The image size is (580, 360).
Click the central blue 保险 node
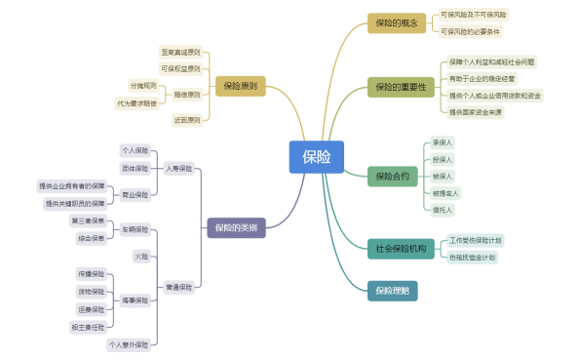[317, 157]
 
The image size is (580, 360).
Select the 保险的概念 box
[396, 22]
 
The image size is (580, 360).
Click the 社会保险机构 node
[401, 249]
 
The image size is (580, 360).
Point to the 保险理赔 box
[392, 291]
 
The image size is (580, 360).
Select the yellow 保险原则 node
[240, 87]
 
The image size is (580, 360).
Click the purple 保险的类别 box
[238, 227]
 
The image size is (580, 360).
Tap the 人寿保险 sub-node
[178, 169]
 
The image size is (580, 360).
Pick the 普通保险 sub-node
[178, 288]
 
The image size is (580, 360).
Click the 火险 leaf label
[141, 256]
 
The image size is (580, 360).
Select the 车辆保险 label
[135, 230]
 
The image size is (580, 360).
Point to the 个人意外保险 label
[129, 344]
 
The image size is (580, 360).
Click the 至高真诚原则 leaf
[180, 52]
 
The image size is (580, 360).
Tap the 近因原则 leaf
[186, 120]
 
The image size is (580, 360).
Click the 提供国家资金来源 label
[476, 112]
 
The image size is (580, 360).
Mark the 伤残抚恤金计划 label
[472, 258]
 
